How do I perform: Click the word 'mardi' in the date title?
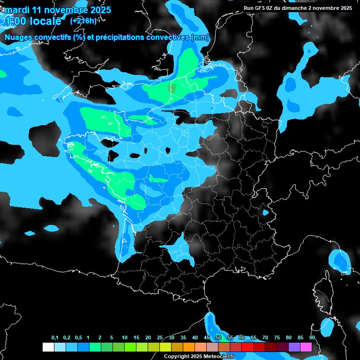(x=16, y=9)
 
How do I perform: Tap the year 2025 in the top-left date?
(x=99, y=9)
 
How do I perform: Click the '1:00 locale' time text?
(x=32, y=21)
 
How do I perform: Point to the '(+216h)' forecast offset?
(x=83, y=21)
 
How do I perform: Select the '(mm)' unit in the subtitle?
(x=200, y=37)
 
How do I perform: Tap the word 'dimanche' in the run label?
(x=294, y=8)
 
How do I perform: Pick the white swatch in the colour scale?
(x=48, y=347)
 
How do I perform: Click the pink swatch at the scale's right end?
(x=306, y=347)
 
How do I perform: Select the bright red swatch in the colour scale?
(x=247, y=347)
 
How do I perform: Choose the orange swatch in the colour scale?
(x=189, y=347)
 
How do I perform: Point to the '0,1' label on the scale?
(x=54, y=338)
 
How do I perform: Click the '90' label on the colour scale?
(x=312, y=338)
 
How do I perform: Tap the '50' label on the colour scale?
(x=218, y=338)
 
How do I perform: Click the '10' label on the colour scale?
(x=124, y=338)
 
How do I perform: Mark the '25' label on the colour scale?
(x=160, y=338)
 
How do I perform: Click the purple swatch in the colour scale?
(x=294, y=347)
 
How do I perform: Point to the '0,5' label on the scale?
(x=78, y=338)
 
